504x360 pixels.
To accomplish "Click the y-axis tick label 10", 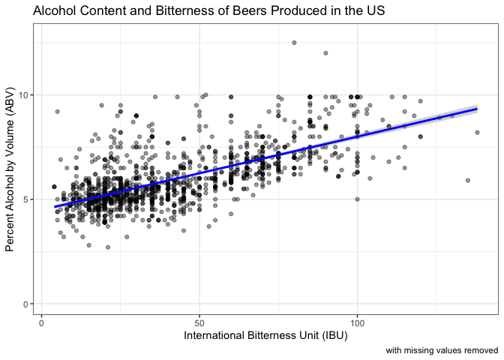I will coord(24,94).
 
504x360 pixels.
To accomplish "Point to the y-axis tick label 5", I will coord(27,199).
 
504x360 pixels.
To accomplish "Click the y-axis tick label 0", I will coord(27,304).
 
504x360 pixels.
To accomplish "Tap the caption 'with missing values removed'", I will coord(442,350).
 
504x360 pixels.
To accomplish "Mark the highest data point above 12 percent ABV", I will coord(294,43).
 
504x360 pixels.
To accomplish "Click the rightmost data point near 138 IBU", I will coord(477,132).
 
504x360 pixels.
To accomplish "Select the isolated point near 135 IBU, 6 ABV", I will coord(467,180).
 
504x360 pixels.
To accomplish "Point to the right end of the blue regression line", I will coord(477,109).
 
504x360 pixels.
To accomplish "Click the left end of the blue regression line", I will coord(54,207).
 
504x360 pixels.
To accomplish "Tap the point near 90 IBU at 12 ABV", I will coord(325,53).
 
